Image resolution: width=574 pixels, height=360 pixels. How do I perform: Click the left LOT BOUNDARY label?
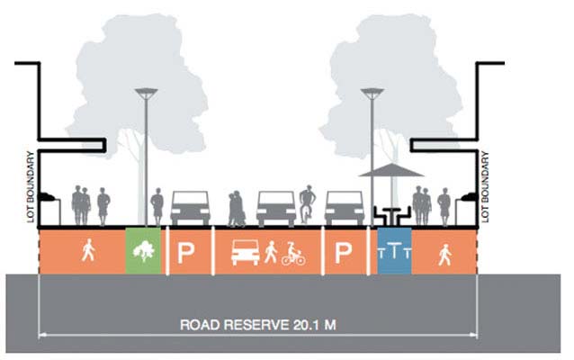(x=31, y=184)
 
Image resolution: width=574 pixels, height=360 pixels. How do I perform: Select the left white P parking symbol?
(x=185, y=253)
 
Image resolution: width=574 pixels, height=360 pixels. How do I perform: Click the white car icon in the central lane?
(x=245, y=254)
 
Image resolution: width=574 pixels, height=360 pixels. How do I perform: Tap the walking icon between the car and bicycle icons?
(x=271, y=254)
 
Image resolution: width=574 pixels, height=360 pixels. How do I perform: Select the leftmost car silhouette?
(x=190, y=208)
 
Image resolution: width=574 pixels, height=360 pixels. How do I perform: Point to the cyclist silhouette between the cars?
(x=307, y=204)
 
